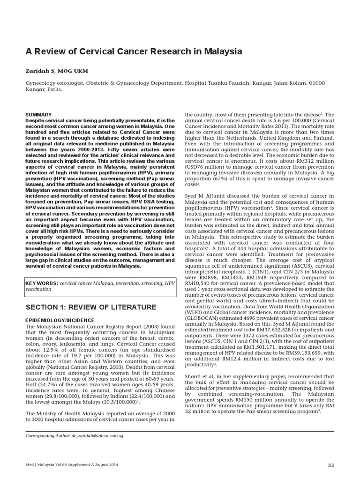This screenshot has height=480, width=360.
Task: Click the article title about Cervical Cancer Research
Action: click(x=134, y=52)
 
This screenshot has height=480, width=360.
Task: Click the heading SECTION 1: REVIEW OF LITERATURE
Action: click(x=90, y=307)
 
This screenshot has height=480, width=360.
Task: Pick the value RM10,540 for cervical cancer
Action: click(x=200, y=283)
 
